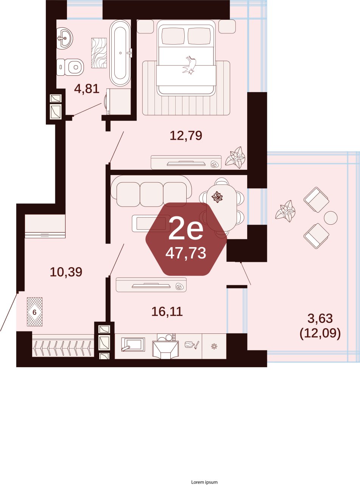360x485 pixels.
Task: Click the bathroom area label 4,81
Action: tap(87, 89)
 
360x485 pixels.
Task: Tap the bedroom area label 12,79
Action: tap(186, 135)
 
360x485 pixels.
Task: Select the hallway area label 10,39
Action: tap(66, 272)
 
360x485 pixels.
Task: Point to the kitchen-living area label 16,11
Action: tap(167, 311)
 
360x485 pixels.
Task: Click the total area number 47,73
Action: tap(186, 253)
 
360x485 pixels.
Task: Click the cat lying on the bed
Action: tap(190, 65)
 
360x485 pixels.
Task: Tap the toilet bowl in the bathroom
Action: tap(70, 67)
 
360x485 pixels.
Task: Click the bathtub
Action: tap(120, 53)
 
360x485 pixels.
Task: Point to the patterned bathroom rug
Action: tap(99, 53)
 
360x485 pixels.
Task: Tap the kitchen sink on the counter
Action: tap(132, 345)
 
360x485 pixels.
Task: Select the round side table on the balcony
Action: tap(330, 218)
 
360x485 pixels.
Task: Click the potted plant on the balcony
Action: tap(285, 211)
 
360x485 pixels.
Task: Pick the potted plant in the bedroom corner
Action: tap(235, 158)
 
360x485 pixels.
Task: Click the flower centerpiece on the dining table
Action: tap(217, 197)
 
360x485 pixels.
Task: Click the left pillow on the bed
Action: tap(174, 36)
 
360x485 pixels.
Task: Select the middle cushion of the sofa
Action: tap(151, 194)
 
